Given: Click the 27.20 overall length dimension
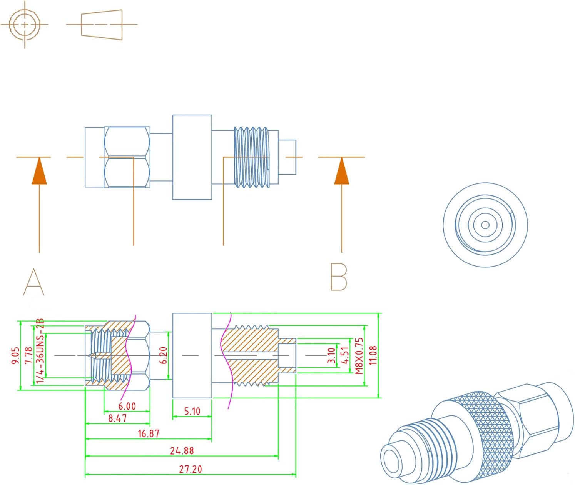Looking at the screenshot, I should pyautogui.click(x=190, y=469).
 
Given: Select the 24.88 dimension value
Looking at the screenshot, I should pyautogui.click(x=182, y=450).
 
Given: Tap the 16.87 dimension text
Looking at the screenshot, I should pyautogui.click(x=148, y=433).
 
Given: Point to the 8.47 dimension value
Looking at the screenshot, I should pyautogui.click(x=117, y=418).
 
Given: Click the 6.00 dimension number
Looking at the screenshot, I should pyautogui.click(x=127, y=406).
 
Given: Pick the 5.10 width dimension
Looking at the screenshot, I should pyautogui.click(x=192, y=411).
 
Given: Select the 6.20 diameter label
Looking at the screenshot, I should pyautogui.click(x=164, y=355).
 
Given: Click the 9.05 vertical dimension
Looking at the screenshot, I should pyautogui.click(x=15, y=355).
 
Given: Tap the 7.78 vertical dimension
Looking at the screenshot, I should pyautogui.click(x=28, y=355).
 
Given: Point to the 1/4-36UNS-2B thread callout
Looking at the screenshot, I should pyautogui.click(x=40, y=351).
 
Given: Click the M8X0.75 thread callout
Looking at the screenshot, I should pyautogui.click(x=359, y=356).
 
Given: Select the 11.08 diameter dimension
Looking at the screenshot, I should pyautogui.click(x=373, y=355).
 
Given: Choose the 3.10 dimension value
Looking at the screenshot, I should pyautogui.click(x=331, y=355).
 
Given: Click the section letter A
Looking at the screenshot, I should pyautogui.click(x=34, y=282).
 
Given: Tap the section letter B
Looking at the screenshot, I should pyautogui.click(x=339, y=277).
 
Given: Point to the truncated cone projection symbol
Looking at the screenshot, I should pyautogui.click(x=102, y=25).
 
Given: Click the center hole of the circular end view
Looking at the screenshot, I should pyautogui.click(x=485, y=225).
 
